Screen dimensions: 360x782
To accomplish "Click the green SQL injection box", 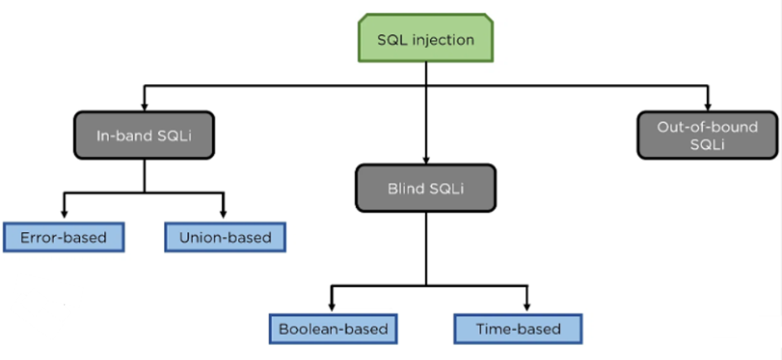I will click(427, 38).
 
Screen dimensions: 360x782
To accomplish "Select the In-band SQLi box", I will click(145, 135).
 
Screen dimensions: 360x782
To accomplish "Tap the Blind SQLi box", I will click(426, 187).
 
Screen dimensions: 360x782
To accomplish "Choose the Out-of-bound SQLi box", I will click(707, 136).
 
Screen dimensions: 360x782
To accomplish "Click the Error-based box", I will click(64, 238).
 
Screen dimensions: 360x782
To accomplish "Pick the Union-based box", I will click(225, 238).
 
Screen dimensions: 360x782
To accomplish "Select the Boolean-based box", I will click(333, 328).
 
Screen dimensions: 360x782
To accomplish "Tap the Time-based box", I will click(518, 328).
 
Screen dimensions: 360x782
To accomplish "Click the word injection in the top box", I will click(443, 39).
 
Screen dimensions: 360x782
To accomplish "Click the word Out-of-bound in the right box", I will click(707, 127).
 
